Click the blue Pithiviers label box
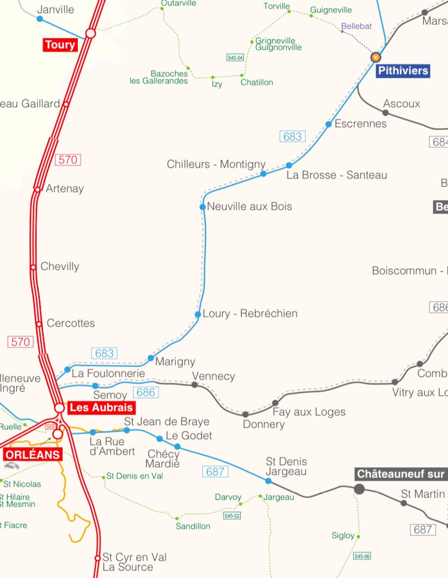(403, 71)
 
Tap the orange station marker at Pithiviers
(375, 57)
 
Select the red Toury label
(60, 45)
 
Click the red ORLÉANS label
(34, 454)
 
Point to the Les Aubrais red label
(100, 408)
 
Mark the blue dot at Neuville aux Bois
(203, 207)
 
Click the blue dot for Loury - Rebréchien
(198, 314)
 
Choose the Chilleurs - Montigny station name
(216, 164)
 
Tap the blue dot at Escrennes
(328, 124)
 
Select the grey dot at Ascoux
(385, 112)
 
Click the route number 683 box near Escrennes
(292, 136)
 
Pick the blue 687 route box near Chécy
(215, 471)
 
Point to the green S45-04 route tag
(235, 57)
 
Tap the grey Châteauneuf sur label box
(401, 474)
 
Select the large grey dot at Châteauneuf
(359, 489)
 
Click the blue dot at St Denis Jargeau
(268, 481)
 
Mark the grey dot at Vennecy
(195, 384)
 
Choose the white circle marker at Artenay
(37, 189)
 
